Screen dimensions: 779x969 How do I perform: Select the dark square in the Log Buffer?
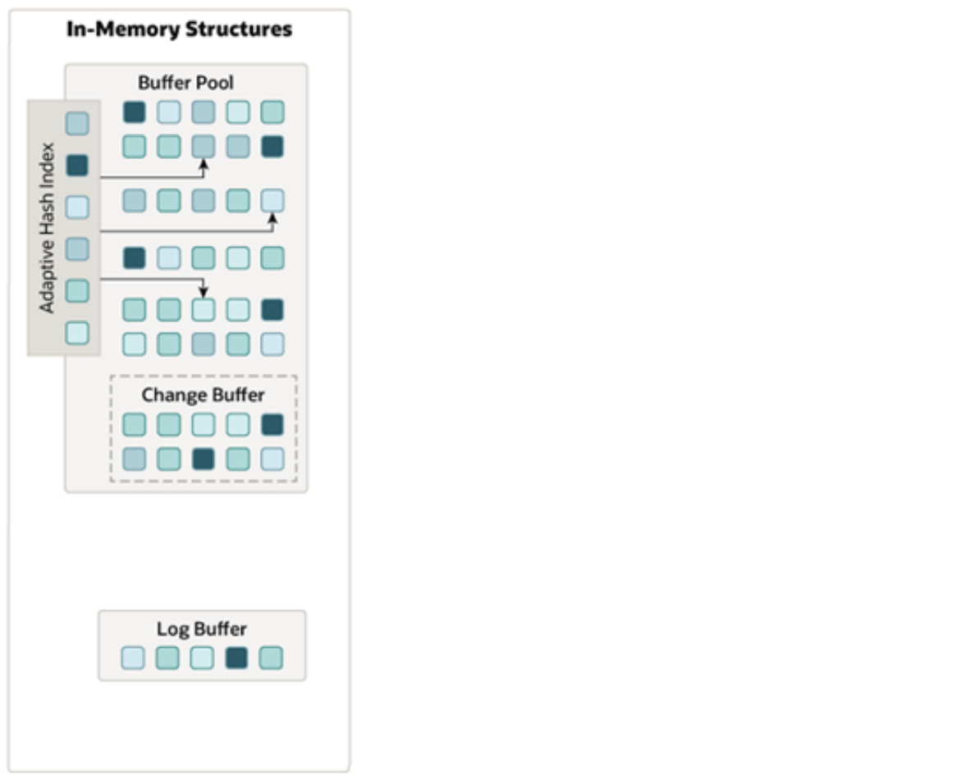click(x=236, y=658)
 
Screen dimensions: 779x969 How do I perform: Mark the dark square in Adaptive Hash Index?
click(x=77, y=166)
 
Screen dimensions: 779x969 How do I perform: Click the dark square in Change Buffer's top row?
click(x=272, y=425)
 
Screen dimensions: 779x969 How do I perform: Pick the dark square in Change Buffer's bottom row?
click(x=203, y=459)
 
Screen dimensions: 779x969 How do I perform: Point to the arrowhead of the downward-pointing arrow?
click(x=203, y=293)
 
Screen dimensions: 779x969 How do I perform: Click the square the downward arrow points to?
click(x=203, y=310)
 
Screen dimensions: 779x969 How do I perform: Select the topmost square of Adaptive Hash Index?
click(x=77, y=124)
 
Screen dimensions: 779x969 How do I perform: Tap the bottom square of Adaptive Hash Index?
click(x=77, y=333)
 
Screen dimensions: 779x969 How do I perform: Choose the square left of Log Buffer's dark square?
click(x=202, y=658)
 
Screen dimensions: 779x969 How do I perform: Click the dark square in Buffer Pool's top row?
click(x=135, y=112)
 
